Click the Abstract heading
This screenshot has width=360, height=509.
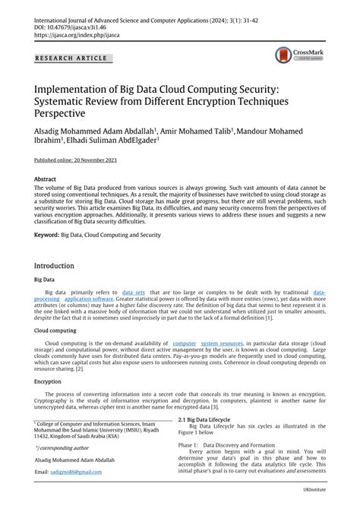point(46,180)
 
